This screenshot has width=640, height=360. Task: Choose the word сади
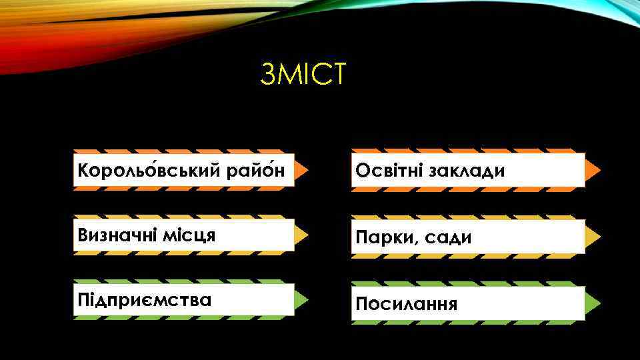pos(443,237)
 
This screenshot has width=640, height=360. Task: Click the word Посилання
pos(407,304)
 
